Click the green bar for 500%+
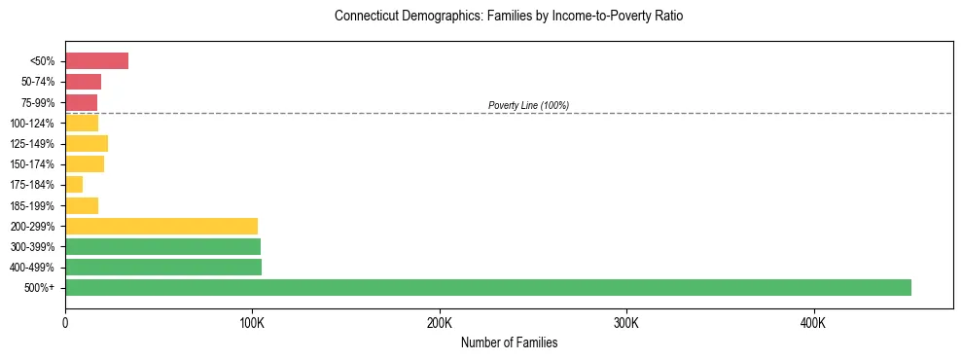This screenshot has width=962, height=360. click(487, 287)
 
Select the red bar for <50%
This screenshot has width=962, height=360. click(96, 61)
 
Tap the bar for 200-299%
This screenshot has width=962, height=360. click(161, 226)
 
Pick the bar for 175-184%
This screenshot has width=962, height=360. click(74, 185)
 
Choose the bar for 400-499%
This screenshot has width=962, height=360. click(163, 267)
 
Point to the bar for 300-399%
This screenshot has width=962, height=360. click(162, 246)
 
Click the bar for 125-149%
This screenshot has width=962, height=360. click(87, 144)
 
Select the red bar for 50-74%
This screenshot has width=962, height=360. click(83, 82)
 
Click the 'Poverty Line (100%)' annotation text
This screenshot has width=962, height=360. click(528, 105)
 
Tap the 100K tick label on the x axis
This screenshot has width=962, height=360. click(252, 323)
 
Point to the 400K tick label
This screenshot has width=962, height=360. click(813, 323)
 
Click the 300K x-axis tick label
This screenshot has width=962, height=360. click(626, 323)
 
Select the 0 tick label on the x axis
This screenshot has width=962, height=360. click(65, 323)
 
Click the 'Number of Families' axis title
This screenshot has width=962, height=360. click(509, 342)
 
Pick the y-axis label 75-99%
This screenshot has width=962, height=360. click(38, 103)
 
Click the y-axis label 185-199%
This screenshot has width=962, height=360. click(33, 206)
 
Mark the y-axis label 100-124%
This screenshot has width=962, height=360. click(33, 124)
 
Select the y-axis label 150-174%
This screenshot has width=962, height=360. click(33, 164)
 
